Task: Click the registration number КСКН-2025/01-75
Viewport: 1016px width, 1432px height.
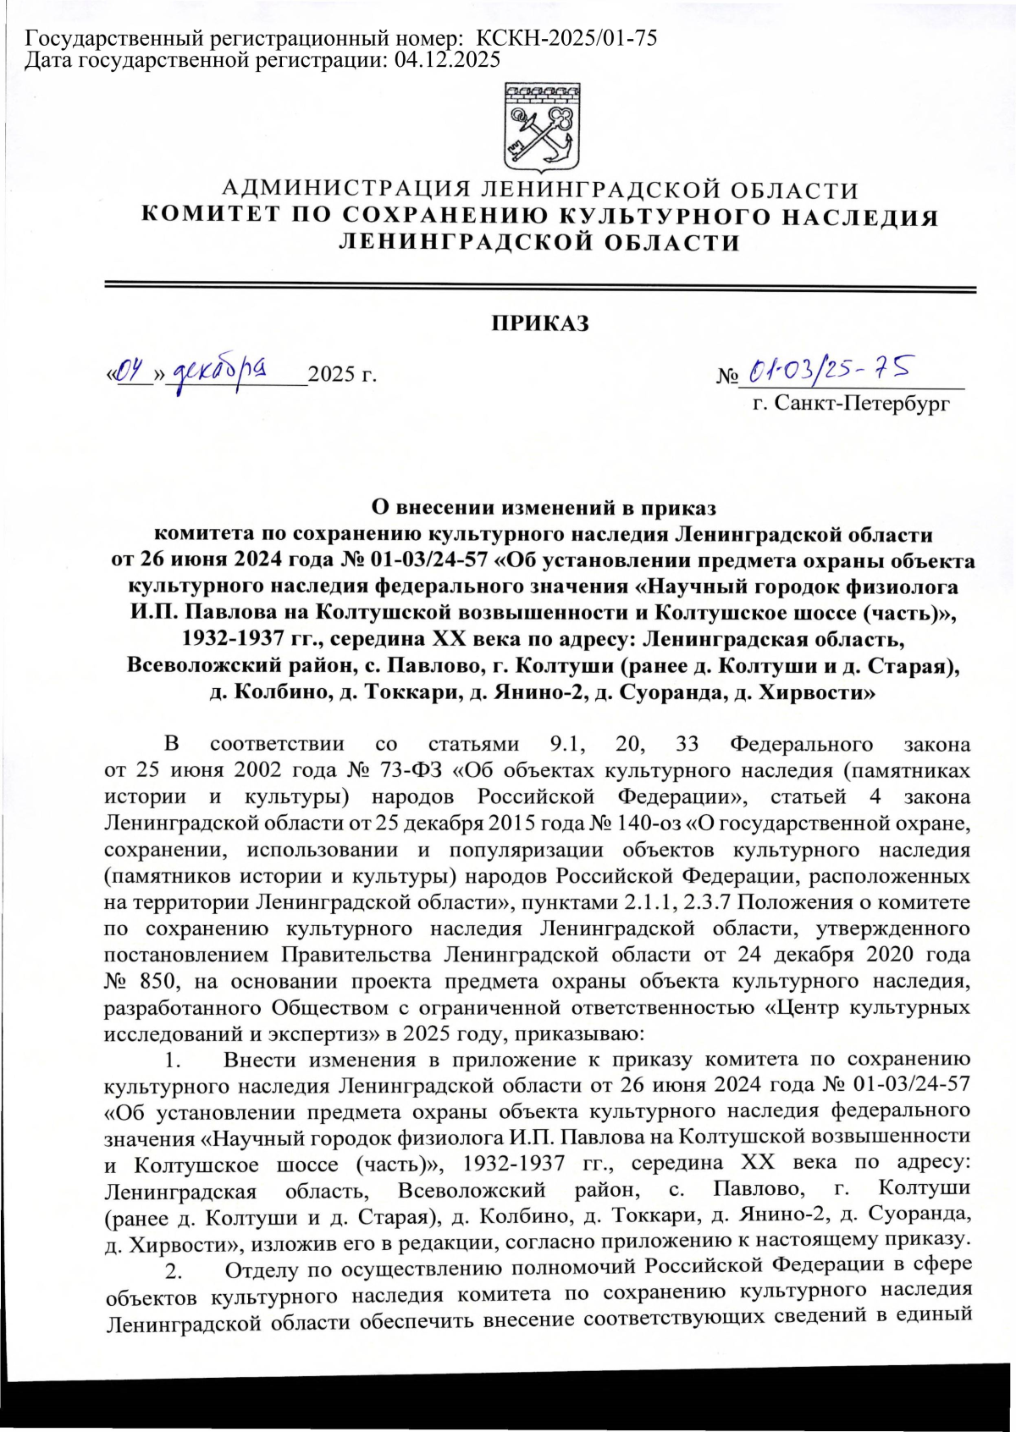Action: point(567,38)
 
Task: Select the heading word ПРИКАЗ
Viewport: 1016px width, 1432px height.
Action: point(541,324)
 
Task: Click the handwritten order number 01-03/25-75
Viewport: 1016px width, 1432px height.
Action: point(830,368)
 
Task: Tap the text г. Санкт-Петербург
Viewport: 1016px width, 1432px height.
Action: point(851,404)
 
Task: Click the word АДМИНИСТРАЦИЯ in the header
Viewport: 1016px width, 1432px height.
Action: point(344,190)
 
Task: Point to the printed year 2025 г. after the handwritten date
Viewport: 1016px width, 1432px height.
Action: point(342,373)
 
